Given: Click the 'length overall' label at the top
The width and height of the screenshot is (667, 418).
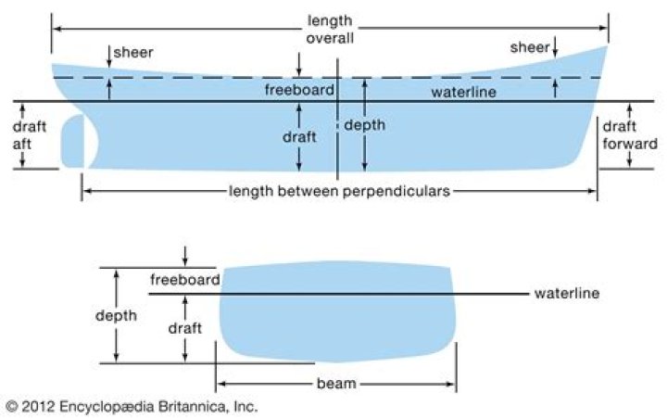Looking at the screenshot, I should pos(330,29).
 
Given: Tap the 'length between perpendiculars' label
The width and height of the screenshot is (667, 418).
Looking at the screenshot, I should pos(340,192).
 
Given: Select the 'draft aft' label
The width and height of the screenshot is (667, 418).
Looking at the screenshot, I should pos(29,135).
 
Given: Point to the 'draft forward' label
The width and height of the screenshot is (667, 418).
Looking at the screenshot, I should pos(630,135).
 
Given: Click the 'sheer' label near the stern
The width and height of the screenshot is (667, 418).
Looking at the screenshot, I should pos(133,52).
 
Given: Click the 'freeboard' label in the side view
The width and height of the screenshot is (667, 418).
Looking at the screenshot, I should pos(295,91).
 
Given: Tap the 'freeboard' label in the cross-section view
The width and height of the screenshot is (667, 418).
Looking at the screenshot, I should pos(184,279).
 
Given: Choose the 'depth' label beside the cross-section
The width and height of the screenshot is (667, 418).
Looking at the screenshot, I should pos(116,315).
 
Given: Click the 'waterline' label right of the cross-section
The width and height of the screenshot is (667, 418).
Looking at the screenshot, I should pos(567,294).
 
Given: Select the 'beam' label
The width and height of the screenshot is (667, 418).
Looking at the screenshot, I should pos(336,383).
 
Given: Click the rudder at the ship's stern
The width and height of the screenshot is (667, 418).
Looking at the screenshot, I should pos(77,144).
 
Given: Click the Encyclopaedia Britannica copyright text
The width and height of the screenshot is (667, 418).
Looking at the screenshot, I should pos(131,406).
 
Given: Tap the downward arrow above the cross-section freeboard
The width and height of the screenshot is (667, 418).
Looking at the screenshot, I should pos(186,255).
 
